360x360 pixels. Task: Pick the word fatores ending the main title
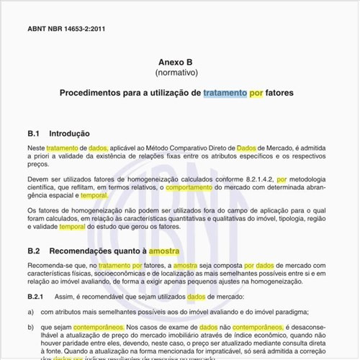tap(280, 94)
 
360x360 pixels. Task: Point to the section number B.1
tap(35, 133)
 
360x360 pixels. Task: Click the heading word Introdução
tap(69, 133)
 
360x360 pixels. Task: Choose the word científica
tap(44, 187)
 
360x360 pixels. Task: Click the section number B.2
tap(35, 251)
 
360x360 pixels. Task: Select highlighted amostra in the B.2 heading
tap(163, 251)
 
